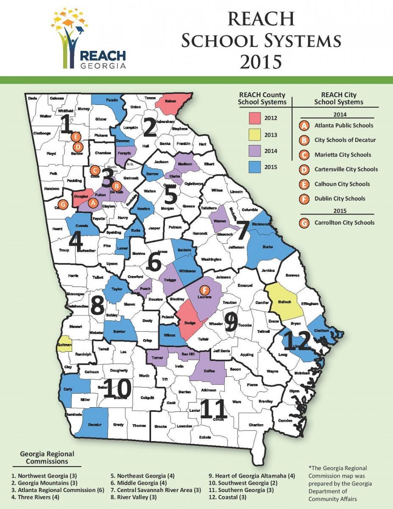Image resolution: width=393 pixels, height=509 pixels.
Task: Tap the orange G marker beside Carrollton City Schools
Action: (x=303, y=223)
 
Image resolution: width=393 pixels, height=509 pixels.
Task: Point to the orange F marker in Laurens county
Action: (x=205, y=290)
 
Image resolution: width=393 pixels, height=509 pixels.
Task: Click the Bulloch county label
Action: (x=285, y=302)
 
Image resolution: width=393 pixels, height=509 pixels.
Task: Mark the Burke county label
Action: (x=268, y=246)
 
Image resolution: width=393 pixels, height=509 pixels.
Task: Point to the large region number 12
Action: (x=297, y=341)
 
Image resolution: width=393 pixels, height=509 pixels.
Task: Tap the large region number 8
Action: (x=98, y=305)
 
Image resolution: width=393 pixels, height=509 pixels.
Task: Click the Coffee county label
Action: (x=209, y=371)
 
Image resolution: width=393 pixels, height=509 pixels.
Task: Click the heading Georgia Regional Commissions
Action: (x=47, y=457)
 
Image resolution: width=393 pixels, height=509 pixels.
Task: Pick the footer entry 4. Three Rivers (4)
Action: (x=36, y=497)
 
